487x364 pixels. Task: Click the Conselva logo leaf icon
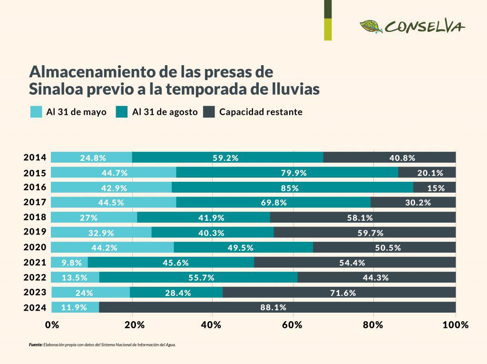pos(371,26)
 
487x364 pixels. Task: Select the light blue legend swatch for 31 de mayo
pos(36,112)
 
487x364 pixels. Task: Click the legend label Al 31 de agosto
pos(165,112)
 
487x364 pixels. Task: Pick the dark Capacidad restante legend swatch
pos(209,112)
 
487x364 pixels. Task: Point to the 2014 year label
pos(35,157)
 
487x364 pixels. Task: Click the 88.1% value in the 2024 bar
pos(273,307)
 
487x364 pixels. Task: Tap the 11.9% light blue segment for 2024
pos(74,307)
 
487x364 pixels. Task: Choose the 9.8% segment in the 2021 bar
pos(70,263)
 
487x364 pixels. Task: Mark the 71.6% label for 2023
pos(343,293)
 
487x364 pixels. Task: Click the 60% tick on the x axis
pos(292,325)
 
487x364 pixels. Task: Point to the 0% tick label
pos(52,325)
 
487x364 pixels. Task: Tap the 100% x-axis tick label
pos(455,325)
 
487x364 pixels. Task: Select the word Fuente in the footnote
pos(36,345)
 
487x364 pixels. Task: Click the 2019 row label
pos(35,232)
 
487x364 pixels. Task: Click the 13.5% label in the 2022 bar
pos(75,277)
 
